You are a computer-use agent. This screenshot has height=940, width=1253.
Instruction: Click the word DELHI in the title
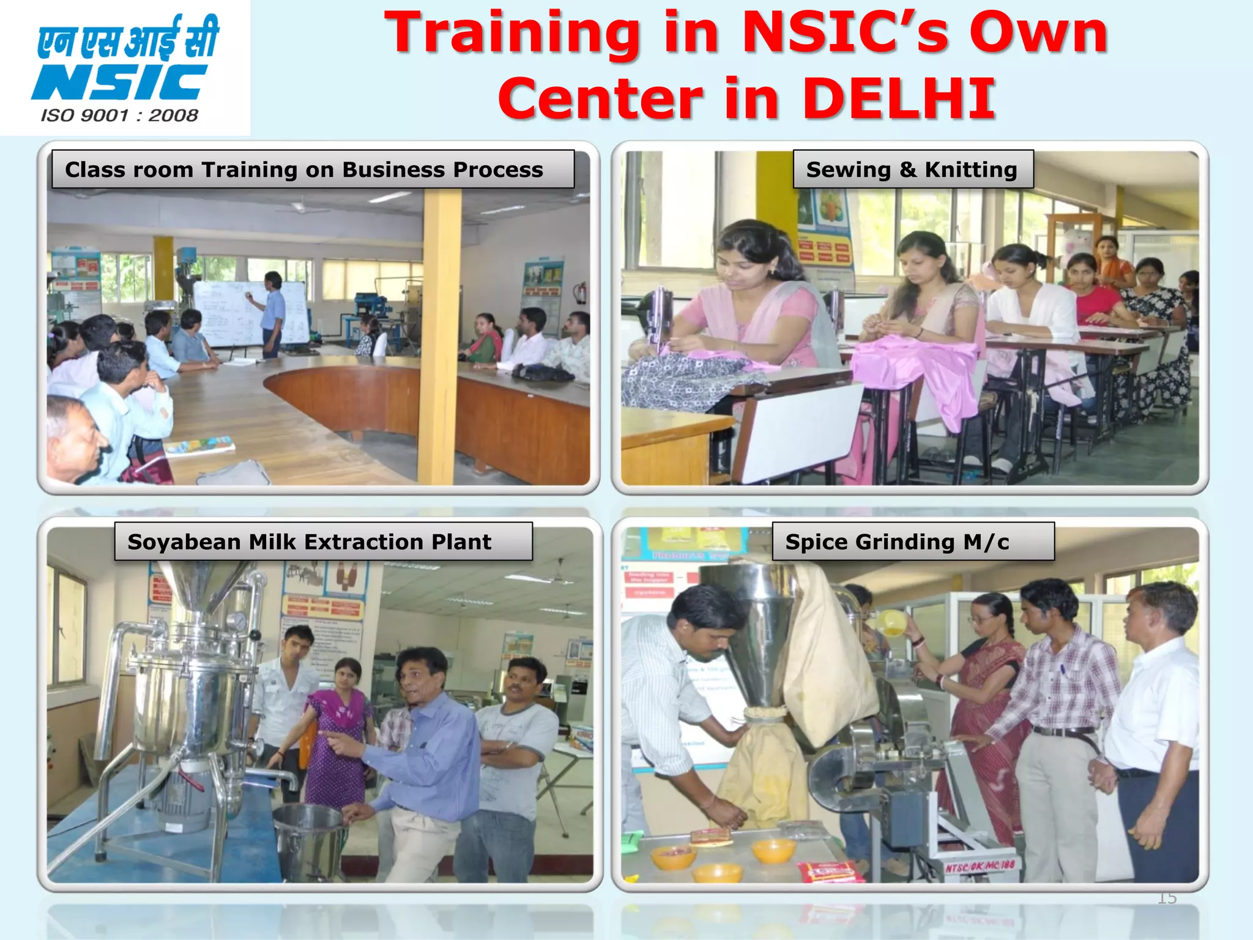pos(899,98)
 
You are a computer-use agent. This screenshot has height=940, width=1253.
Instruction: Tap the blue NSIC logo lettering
pos(119,83)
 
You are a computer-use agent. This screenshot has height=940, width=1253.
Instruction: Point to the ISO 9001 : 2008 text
pos(119,116)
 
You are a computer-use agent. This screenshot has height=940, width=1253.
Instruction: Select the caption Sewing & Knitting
pos(912,170)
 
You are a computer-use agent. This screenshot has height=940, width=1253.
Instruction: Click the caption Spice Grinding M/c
pos(897,542)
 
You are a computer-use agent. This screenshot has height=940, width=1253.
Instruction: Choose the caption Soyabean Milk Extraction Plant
pos(310,542)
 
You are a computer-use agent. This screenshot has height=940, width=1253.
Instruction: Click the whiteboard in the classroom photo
pos(251,312)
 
